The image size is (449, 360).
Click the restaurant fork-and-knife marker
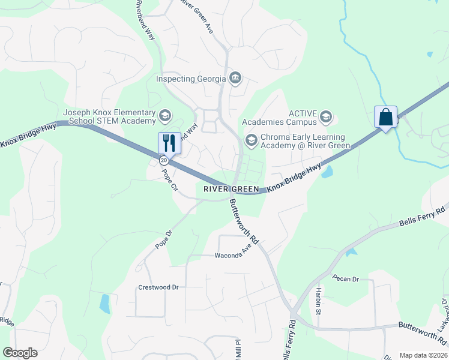point(169,143)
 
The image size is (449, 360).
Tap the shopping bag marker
point(385,117)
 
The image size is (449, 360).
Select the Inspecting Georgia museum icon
point(235,78)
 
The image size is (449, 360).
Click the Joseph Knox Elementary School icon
point(164,115)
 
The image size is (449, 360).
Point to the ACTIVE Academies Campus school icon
point(326,116)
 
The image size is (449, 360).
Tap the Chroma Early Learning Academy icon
point(251,140)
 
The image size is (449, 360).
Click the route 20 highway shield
point(163,160)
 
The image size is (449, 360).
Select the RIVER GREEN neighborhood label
point(231,189)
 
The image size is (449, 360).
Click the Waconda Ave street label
point(232,254)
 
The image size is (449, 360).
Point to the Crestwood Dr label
point(159,287)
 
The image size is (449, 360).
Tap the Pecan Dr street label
point(346,279)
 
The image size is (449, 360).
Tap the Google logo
point(20,353)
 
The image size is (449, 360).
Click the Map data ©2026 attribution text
point(423,355)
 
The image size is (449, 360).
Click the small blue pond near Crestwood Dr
point(105,304)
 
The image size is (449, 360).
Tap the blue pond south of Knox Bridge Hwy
point(327,173)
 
